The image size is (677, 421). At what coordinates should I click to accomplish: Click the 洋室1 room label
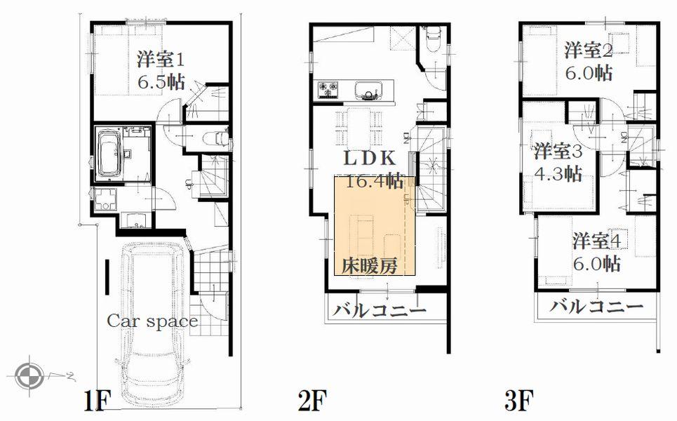point(161,58)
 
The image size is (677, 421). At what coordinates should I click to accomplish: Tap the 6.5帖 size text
point(161,81)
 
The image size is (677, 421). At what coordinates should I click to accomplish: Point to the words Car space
point(152,322)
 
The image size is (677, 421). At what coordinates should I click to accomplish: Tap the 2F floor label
point(312,401)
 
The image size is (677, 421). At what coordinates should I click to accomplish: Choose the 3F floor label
point(519,401)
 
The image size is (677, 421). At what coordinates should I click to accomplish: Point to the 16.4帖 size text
point(374,182)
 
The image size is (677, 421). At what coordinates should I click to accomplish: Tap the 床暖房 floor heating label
point(370,266)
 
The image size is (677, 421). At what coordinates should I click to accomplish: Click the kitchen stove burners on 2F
point(328,89)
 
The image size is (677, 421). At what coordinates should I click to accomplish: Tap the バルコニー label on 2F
point(379,310)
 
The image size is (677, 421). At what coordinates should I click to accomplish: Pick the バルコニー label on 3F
point(596,307)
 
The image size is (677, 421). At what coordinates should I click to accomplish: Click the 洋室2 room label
point(589,51)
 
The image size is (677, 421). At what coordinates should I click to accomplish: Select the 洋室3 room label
point(558,151)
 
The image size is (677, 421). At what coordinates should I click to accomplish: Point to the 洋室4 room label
point(596,241)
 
